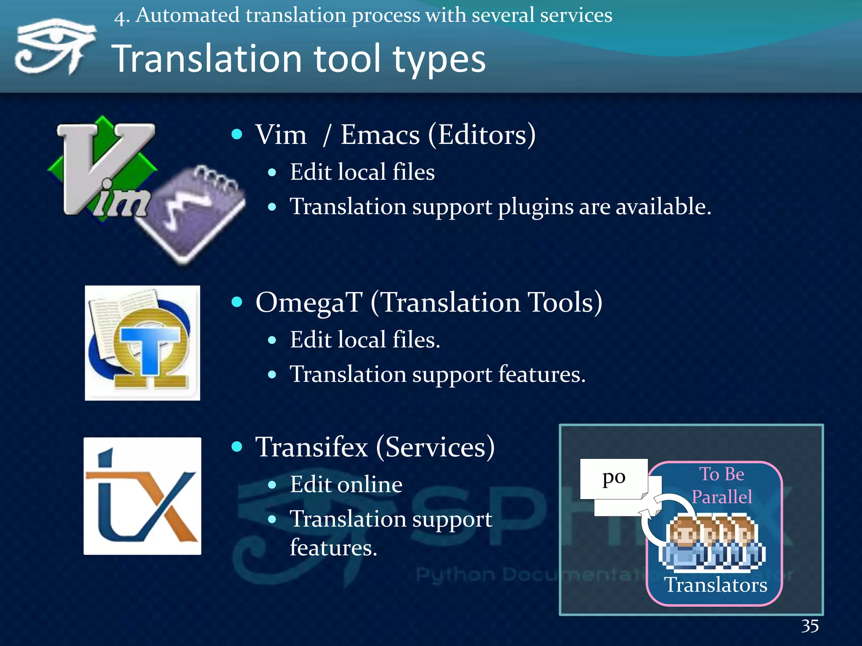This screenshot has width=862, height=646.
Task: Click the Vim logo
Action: click(x=103, y=168)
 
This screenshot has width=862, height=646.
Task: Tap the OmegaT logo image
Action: click(x=142, y=343)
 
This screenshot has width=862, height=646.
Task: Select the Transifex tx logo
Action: click(x=142, y=496)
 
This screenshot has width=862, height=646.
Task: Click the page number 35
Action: click(x=809, y=626)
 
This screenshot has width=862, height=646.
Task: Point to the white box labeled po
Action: click(x=613, y=478)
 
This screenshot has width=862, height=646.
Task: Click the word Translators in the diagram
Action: click(x=716, y=585)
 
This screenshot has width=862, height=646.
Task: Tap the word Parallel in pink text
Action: click(x=721, y=497)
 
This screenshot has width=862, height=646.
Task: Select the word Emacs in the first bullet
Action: click(x=380, y=135)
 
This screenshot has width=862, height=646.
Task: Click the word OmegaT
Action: click(x=309, y=302)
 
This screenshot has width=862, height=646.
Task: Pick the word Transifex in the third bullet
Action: click(x=311, y=447)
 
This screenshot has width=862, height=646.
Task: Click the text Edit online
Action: click(x=346, y=484)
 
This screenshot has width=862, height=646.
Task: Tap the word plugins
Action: click(x=535, y=207)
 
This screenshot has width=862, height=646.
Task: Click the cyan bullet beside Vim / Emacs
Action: click(x=237, y=134)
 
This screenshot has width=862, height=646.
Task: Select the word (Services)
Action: click(x=435, y=447)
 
